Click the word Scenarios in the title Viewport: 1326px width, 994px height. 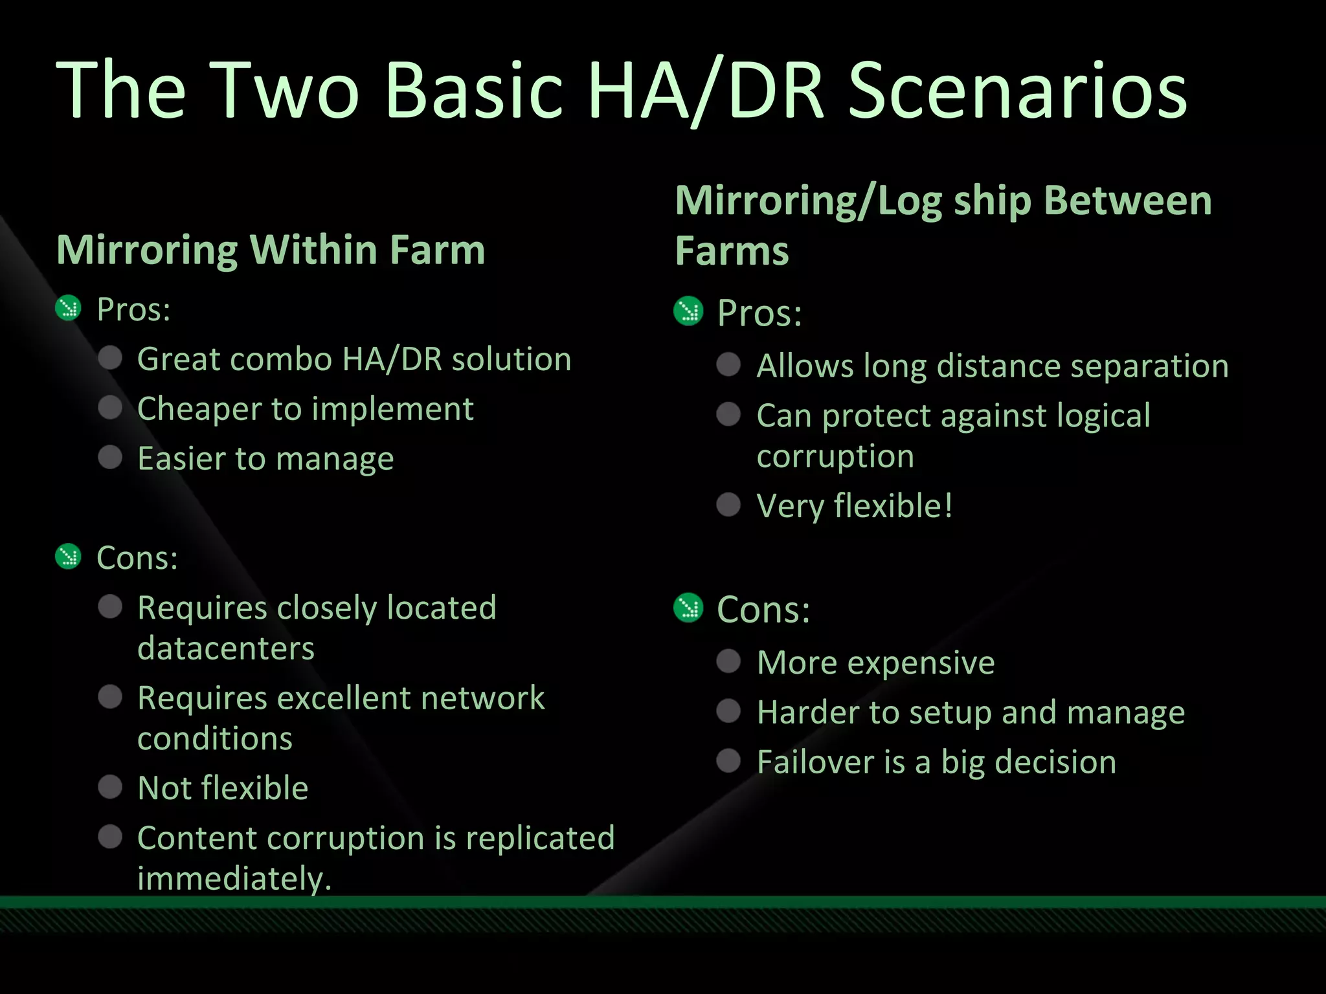[x=1018, y=91]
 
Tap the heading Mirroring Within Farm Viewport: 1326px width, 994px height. [x=271, y=250]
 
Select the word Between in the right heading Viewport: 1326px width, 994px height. [x=1128, y=201]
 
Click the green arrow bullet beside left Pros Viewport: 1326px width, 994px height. [x=68, y=308]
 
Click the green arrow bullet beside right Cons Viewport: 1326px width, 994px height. [x=688, y=608]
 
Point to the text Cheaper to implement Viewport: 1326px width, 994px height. [x=305, y=409]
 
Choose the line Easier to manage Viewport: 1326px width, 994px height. [x=265, y=459]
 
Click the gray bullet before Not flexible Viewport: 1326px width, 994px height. [x=110, y=787]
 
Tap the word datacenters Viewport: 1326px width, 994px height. [x=226, y=648]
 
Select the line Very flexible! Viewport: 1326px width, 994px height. [x=855, y=505]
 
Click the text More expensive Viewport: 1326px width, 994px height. [x=875, y=663]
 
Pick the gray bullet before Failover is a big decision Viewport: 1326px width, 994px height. [x=728, y=761]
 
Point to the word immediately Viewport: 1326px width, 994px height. [x=234, y=879]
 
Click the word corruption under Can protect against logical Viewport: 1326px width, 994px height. [x=835, y=457]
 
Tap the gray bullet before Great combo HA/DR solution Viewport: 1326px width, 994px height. [x=110, y=358]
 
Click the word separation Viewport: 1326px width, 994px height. [x=1149, y=366]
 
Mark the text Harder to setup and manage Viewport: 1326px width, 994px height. [x=971, y=712]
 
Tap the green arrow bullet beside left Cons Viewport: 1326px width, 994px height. [x=68, y=557]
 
